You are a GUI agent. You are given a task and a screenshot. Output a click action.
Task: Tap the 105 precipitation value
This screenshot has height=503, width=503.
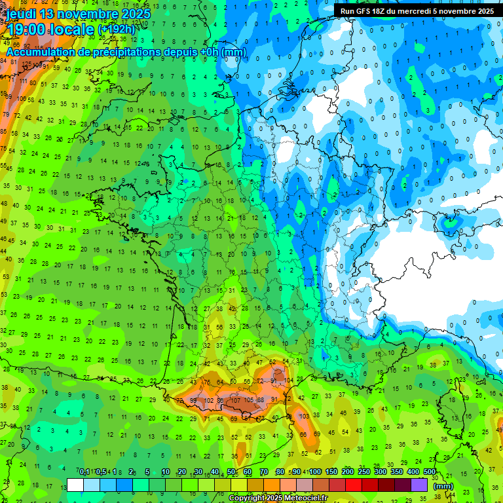click(250, 400)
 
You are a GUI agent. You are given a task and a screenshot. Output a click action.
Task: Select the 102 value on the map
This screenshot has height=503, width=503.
click(210, 400)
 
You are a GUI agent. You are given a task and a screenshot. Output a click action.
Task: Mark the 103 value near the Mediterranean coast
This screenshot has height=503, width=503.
click(303, 416)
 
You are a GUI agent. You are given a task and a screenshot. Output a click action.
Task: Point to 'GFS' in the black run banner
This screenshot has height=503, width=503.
click(363, 11)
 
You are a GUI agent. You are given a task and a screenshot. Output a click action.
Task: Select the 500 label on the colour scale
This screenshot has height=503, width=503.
click(429, 472)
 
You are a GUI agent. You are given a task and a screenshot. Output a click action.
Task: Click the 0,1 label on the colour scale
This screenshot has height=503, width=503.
click(84, 472)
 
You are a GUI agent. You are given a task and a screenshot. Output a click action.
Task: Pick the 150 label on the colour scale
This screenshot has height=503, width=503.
click(331, 472)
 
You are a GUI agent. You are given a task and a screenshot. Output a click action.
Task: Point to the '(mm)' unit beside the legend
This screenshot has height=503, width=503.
click(443, 486)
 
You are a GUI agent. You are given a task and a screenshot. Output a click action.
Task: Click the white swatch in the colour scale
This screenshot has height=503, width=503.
click(75, 485)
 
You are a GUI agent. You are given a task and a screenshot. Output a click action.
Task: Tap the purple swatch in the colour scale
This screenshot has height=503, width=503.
click(419, 485)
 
